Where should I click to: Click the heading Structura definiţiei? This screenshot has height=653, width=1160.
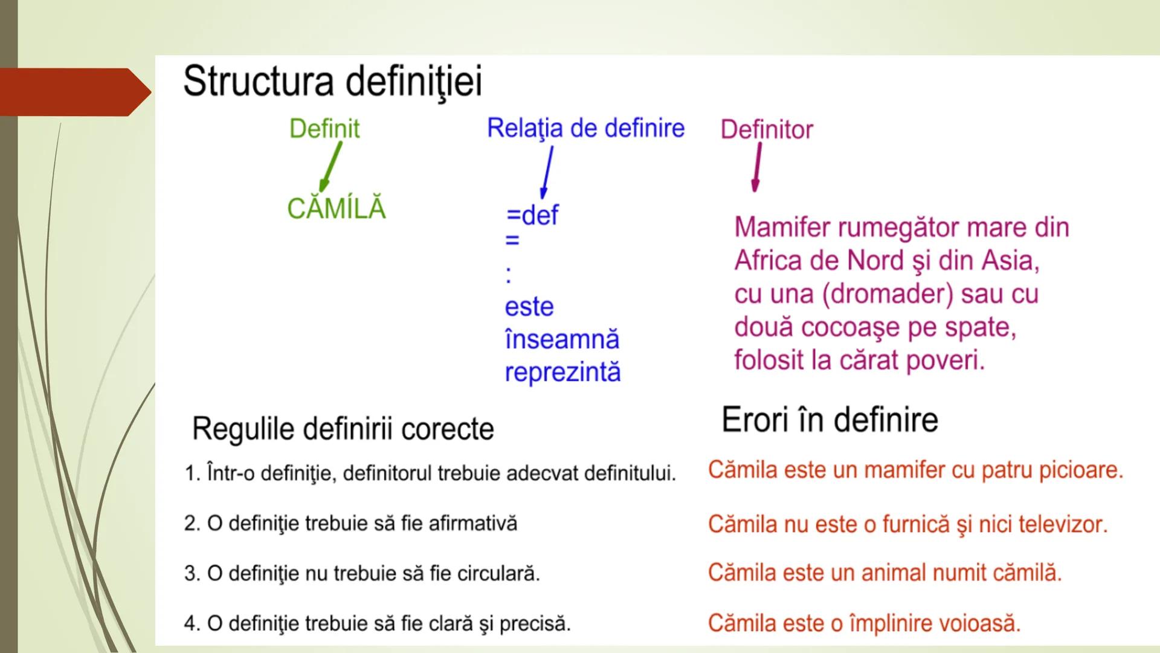click(332, 82)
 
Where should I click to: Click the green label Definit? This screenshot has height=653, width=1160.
click(324, 129)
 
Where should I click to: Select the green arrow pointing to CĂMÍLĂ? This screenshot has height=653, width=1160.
click(331, 165)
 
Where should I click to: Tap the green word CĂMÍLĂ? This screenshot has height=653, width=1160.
click(336, 209)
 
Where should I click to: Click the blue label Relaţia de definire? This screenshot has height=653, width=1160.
click(585, 128)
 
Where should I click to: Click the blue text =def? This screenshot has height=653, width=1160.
click(532, 215)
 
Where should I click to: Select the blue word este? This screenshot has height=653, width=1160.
click(529, 307)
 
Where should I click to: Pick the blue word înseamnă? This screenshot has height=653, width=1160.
click(562, 339)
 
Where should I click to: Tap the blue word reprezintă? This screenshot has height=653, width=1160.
click(562, 372)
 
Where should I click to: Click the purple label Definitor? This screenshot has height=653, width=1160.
click(766, 129)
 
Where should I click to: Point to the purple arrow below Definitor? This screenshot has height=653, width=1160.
click(756, 169)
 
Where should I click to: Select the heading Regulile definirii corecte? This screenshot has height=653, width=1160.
click(343, 429)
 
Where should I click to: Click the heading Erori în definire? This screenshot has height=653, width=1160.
click(830, 420)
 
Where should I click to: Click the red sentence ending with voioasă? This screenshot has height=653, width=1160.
click(864, 623)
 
